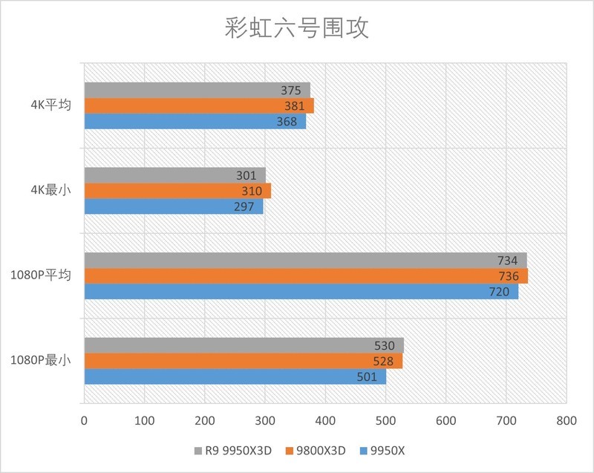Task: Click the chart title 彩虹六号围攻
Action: coord(296,29)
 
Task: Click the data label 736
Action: coord(509,276)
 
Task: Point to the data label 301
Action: coord(247,175)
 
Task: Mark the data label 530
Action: coord(385,345)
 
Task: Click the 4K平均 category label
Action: coord(46,105)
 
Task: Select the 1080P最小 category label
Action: coord(41,361)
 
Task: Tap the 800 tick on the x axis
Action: coord(566,420)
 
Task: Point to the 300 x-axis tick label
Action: coord(265,420)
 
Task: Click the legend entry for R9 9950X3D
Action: coord(232,451)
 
